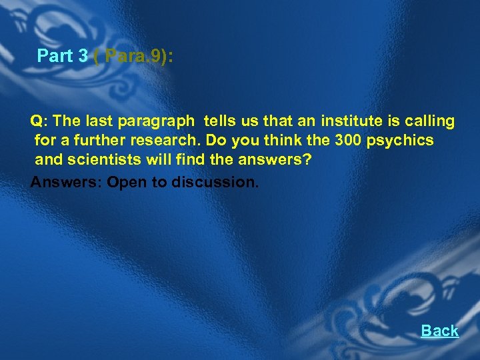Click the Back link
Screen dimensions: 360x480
pyautogui.click(x=439, y=331)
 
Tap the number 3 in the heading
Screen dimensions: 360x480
pyautogui.click(x=83, y=56)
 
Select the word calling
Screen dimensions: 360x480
pyautogui.click(x=429, y=121)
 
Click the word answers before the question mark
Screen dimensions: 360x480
pyautogui.click(x=275, y=160)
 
